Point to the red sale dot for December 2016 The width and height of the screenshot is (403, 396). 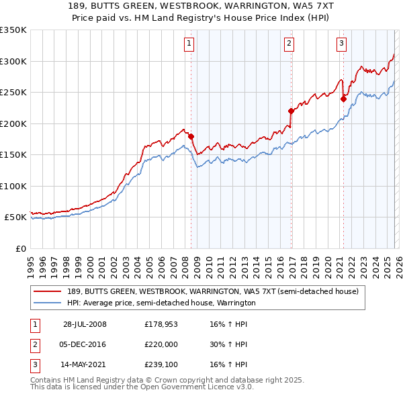click(x=291, y=111)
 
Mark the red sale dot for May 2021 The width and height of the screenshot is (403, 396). click(x=343, y=99)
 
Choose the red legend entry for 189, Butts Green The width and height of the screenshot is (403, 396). click(x=212, y=291)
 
